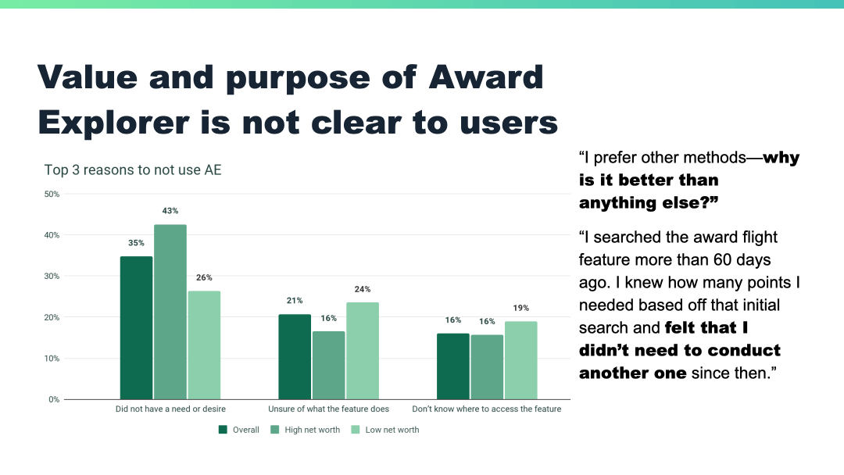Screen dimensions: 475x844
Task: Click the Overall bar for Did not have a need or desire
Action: pos(136,327)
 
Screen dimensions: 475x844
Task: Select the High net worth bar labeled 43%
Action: pos(170,312)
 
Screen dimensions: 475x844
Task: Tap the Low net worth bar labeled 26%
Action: pos(204,345)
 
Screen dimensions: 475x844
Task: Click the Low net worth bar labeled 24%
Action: pos(363,351)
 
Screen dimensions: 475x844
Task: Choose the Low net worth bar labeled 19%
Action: pos(520,360)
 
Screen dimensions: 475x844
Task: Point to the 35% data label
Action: pos(137,243)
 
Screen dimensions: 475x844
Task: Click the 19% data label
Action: pos(520,308)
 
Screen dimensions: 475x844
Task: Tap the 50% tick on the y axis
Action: pos(51,194)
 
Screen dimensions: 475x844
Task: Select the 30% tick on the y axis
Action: pos(51,276)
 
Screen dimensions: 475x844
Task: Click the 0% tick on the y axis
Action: pos(53,399)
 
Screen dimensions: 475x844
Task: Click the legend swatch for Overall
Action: pos(224,429)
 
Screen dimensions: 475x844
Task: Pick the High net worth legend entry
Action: pos(306,430)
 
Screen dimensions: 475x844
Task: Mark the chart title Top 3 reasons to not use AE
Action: pos(133,170)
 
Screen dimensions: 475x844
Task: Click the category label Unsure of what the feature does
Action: pos(328,409)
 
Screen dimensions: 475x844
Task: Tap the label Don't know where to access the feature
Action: pos(486,409)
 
